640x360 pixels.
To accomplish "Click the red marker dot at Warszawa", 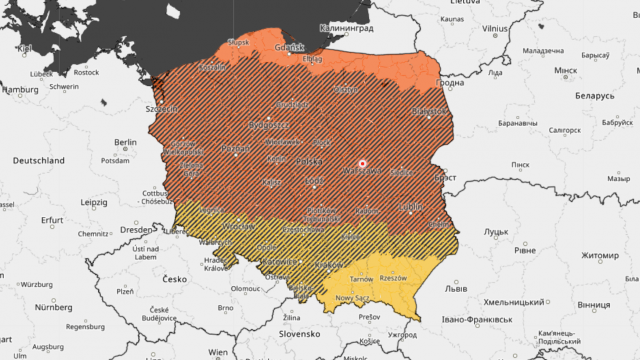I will (362, 164).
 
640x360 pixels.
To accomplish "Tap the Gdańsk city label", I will (289, 47).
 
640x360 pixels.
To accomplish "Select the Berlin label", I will (125, 142).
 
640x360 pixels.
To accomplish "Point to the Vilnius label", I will (495, 29).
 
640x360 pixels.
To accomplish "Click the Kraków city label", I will (329, 265).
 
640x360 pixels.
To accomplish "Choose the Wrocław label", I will (238, 226).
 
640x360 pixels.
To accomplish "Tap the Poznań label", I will (236, 148).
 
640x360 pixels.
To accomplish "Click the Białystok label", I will (429, 111).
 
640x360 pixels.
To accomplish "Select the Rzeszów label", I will (393, 278).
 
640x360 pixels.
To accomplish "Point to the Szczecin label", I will (161, 109).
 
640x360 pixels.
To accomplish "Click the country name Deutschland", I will (39, 161).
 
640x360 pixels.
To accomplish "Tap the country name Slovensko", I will (300, 334).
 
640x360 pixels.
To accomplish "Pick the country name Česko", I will (175, 279).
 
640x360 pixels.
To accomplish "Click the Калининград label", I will (346, 28).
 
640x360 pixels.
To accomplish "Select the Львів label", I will (456, 289).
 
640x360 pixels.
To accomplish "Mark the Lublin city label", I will (410, 207).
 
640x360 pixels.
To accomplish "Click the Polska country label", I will (309, 162).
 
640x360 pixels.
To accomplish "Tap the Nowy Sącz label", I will (352, 298).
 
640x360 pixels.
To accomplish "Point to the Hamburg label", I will (20, 90).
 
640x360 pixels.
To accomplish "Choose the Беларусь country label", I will (595, 96).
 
